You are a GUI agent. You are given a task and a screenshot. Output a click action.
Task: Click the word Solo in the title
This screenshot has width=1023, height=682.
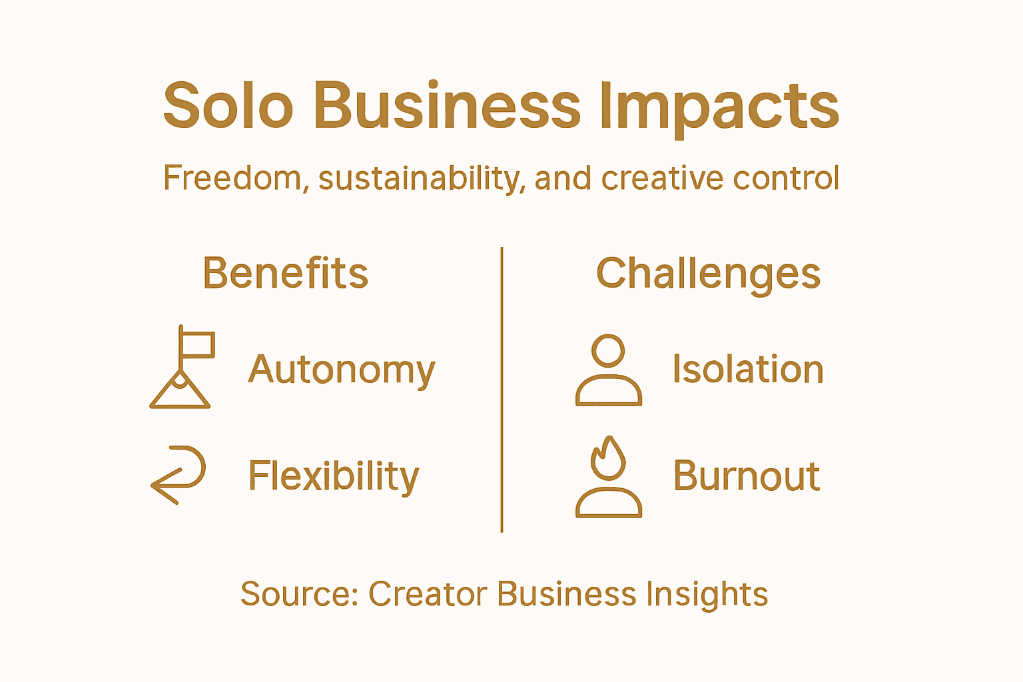[228, 107]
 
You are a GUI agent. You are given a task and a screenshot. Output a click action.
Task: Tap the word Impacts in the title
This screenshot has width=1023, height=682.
[719, 107]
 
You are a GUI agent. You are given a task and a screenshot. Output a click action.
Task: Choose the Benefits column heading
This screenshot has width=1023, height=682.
[285, 273]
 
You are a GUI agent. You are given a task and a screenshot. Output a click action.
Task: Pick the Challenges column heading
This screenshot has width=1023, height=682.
[708, 274]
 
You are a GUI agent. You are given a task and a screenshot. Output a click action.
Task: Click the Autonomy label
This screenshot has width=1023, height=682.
[342, 370]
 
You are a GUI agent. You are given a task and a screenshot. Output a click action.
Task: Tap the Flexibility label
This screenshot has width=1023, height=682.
[334, 476]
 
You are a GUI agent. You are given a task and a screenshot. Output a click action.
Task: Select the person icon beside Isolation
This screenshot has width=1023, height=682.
[609, 370]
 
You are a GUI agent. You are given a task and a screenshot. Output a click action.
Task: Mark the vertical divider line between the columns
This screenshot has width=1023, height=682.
[502, 390]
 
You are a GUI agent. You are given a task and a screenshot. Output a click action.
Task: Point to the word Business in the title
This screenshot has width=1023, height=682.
[447, 107]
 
